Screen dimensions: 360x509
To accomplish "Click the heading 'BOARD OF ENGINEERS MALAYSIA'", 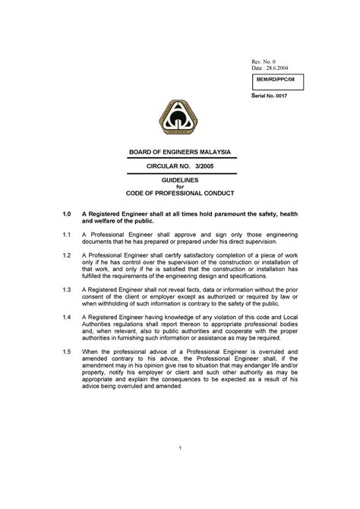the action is click(x=180, y=151).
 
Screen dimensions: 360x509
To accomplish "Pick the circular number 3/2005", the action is click(x=201, y=165).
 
